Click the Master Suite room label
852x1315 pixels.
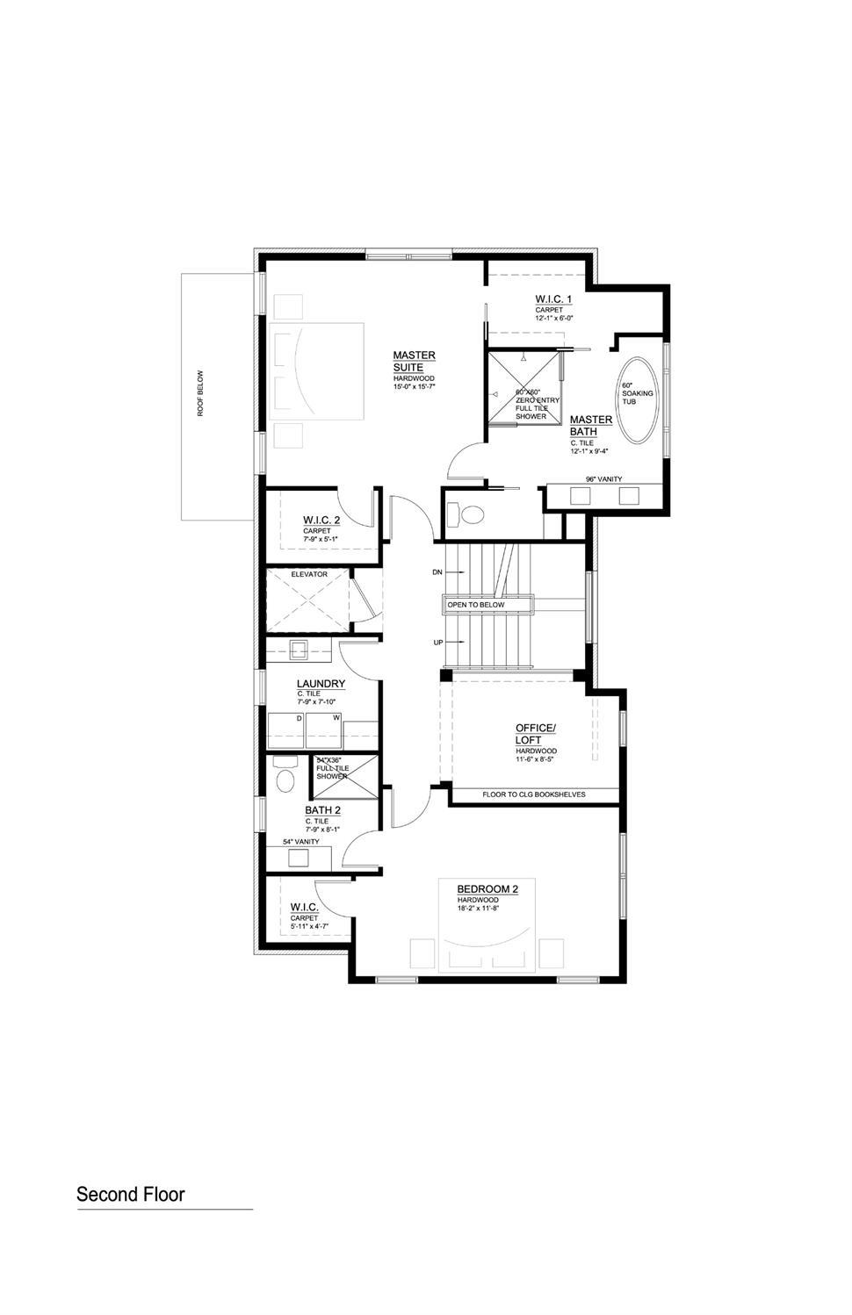point(414,361)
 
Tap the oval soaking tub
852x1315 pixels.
point(638,399)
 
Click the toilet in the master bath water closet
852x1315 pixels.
point(468,514)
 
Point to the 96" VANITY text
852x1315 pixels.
point(603,478)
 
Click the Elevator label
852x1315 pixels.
point(309,574)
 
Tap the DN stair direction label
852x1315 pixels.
point(437,571)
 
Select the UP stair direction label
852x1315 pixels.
point(437,643)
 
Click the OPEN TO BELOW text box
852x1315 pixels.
point(488,605)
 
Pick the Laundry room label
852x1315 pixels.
point(321,684)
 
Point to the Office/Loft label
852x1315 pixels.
point(535,734)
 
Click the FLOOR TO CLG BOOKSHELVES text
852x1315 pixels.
point(533,794)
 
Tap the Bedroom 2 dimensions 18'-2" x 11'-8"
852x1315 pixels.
point(478,908)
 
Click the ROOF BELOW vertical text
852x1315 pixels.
point(200,392)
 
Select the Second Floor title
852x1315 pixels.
point(131,1194)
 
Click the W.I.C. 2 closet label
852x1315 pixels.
point(321,521)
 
